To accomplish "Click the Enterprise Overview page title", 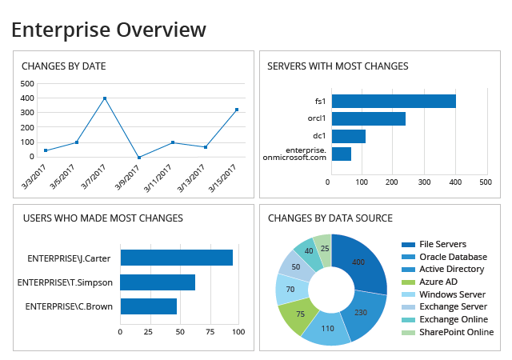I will [108, 30].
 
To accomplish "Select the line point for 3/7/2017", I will [105, 98].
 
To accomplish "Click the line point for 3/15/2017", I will [237, 110].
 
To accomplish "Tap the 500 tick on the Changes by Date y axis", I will [26, 83].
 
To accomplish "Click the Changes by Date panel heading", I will [63, 66].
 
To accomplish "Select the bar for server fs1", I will [393, 101].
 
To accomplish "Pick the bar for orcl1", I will [368, 118].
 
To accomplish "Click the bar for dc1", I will [348, 136].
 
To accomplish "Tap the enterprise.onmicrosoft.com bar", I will [341, 154].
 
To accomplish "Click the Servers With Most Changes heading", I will [338, 66].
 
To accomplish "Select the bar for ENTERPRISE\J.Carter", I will [176, 257].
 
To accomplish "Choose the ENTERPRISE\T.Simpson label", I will [70, 282].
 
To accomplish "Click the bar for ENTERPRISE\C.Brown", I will [148, 306].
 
